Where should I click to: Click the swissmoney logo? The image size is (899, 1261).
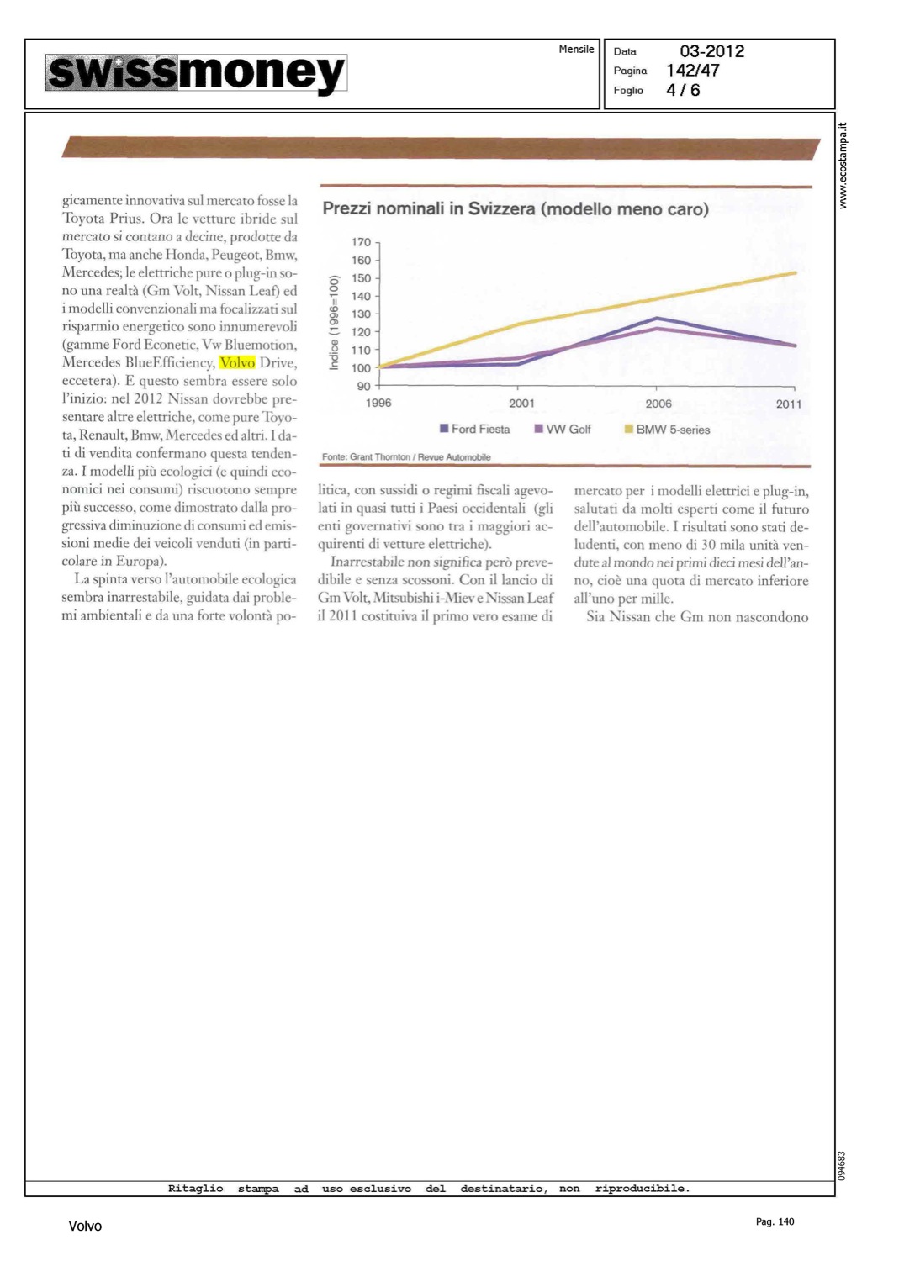tap(196, 74)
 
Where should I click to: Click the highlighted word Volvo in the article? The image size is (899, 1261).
tap(236, 362)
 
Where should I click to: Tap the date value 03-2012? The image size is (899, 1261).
tap(711, 51)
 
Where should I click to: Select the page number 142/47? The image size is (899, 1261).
tap(692, 71)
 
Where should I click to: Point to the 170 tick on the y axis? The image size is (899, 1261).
tap(361, 242)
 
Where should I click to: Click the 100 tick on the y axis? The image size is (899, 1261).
tap(361, 368)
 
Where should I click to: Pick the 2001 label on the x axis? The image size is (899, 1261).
tap(521, 404)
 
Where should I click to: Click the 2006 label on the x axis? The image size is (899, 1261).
tap(658, 404)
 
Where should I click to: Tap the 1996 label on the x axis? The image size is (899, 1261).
tap(378, 404)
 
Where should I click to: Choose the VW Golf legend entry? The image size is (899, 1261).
tap(563, 429)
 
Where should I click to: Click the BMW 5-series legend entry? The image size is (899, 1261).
tap(667, 430)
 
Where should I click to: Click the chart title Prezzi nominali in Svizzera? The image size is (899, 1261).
tap(515, 208)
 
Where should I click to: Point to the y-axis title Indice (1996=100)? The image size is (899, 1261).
tap(334, 322)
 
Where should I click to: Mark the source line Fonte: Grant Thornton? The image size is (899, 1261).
tap(406, 457)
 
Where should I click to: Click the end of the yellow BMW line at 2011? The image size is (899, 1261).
tap(795, 272)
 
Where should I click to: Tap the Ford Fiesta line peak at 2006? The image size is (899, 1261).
tap(657, 318)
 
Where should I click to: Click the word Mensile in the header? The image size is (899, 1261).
tap(576, 50)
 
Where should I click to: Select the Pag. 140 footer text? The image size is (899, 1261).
tap(775, 1221)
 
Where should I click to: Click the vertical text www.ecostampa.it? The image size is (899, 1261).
tap(843, 166)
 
